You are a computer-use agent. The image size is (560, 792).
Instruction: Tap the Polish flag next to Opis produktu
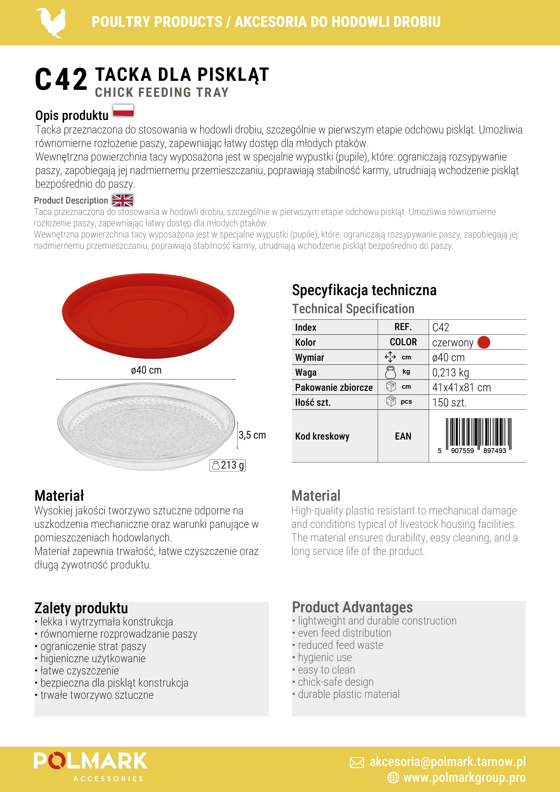(123, 110)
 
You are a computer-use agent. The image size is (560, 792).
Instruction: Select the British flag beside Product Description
(122, 200)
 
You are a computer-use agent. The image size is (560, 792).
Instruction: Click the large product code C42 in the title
(61, 79)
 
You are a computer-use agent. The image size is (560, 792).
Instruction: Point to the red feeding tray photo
(148, 316)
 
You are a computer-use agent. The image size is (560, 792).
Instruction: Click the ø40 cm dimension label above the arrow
(146, 370)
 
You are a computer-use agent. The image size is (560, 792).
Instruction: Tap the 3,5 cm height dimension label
(252, 435)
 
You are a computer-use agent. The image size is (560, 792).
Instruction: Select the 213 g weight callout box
(228, 465)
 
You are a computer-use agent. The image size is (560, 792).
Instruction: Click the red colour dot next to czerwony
(484, 342)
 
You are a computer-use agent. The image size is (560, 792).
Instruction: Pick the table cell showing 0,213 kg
(450, 373)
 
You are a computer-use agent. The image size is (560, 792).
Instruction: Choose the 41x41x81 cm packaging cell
(461, 387)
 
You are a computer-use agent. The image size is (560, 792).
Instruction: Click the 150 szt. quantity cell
(449, 403)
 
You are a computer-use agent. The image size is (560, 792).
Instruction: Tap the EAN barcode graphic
(478, 435)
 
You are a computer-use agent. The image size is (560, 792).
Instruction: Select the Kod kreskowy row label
(322, 436)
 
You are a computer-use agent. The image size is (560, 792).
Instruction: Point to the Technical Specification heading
(353, 309)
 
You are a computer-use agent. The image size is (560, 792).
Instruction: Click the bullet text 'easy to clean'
(326, 670)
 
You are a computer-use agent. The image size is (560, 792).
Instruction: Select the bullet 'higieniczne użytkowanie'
(93, 659)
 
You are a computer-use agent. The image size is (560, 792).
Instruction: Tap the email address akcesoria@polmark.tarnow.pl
(448, 762)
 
